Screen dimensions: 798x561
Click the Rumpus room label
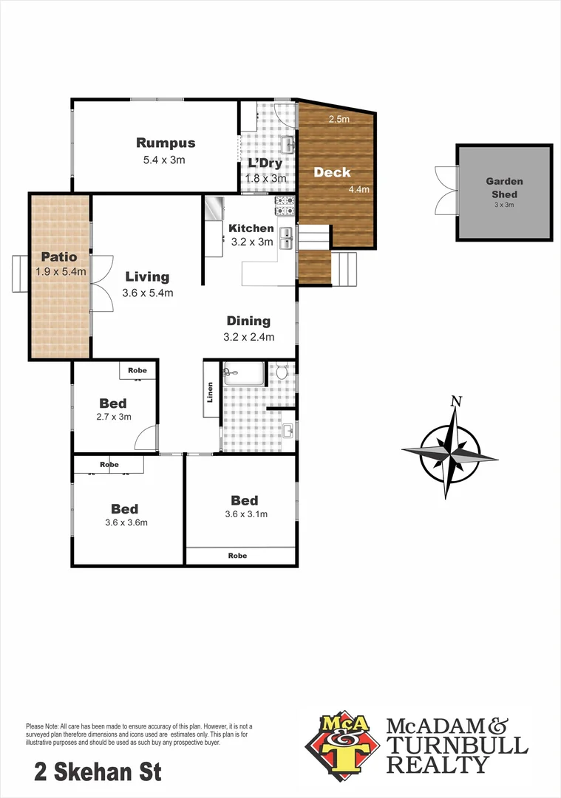coord(166,143)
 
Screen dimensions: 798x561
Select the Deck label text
coord(332,172)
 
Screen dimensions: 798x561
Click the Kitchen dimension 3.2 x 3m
coord(251,242)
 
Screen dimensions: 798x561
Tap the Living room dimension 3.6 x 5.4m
coord(149,293)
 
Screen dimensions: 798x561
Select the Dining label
coord(248,321)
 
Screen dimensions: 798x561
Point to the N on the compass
coord(457,402)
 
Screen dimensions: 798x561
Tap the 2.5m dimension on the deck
coord(339,118)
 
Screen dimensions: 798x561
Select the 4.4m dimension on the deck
coord(358,189)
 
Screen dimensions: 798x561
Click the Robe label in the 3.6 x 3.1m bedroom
coord(237,556)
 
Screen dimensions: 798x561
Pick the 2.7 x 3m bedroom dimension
coord(115,417)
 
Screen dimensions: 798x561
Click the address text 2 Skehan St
coord(98,772)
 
